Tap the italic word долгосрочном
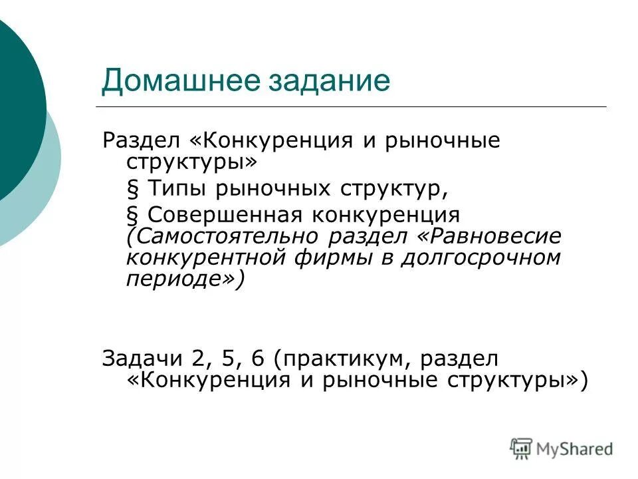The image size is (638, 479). pos(480,257)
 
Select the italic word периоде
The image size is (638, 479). pos(175,279)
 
